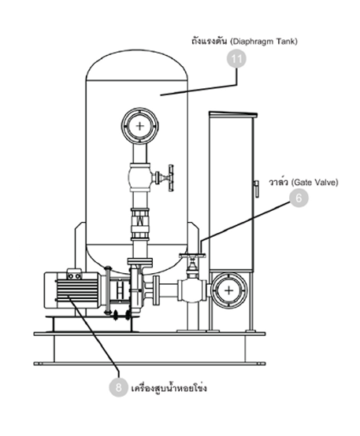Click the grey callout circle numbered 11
pyautogui.click(x=236, y=59)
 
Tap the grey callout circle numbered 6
pyautogui.click(x=299, y=198)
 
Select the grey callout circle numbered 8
pyautogui.click(x=119, y=387)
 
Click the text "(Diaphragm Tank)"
pyautogui.click(x=264, y=42)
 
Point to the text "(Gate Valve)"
pyautogui.click(x=314, y=183)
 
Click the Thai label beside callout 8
pyautogui.click(x=169, y=388)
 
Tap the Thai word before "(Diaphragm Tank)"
pyautogui.click(x=209, y=41)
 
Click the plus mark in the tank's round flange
pyautogui.click(x=139, y=126)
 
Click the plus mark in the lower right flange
pyautogui.click(x=228, y=291)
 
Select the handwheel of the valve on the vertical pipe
pyautogui.click(x=171, y=178)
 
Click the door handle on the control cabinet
pyautogui.click(x=257, y=188)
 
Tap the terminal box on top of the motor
pyautogui.click(x=74, y=274)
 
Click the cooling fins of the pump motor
pyautogui.click(x=77, y=290)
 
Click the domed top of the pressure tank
pyautogui.click(x=136, y=65)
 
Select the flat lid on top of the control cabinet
pyautogui.click(x=233, y=114)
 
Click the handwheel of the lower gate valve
pyautogui.click(x=192, y=255)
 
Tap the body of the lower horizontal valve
pyautogui.click(x=192, y=290)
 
